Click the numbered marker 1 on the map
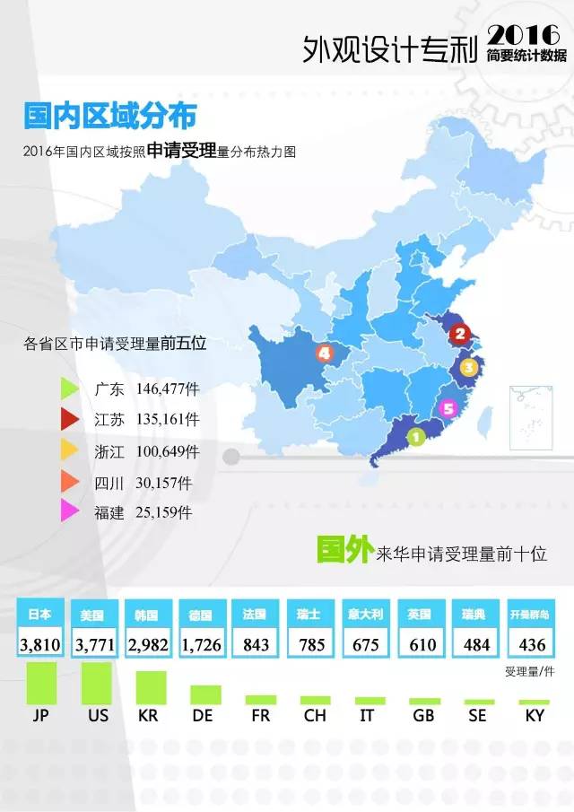(415, 437)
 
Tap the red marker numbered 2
(460, 336)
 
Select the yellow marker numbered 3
(467, 367)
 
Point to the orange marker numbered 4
(324, 353)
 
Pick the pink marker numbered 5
(449, 409)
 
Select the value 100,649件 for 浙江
(168, 450)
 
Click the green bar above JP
(40, 683)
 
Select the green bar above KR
(150, 687)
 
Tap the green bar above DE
(205, 694)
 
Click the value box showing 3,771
(95, 644)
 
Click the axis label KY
(534, 717)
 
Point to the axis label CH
(315, 717)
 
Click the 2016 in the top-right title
(526, 34)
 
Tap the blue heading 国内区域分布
(109, 117)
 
